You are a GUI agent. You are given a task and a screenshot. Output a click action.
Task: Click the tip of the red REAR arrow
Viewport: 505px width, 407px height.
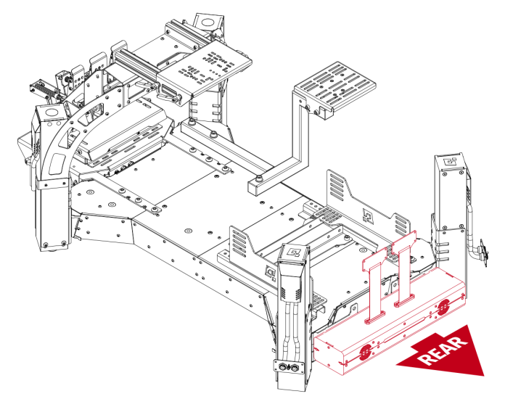point(482,373)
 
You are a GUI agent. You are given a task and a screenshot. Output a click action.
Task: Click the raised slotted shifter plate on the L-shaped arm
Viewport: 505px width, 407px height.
point(336,86)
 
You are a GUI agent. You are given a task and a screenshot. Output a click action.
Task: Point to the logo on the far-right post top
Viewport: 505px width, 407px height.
point(448,163)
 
